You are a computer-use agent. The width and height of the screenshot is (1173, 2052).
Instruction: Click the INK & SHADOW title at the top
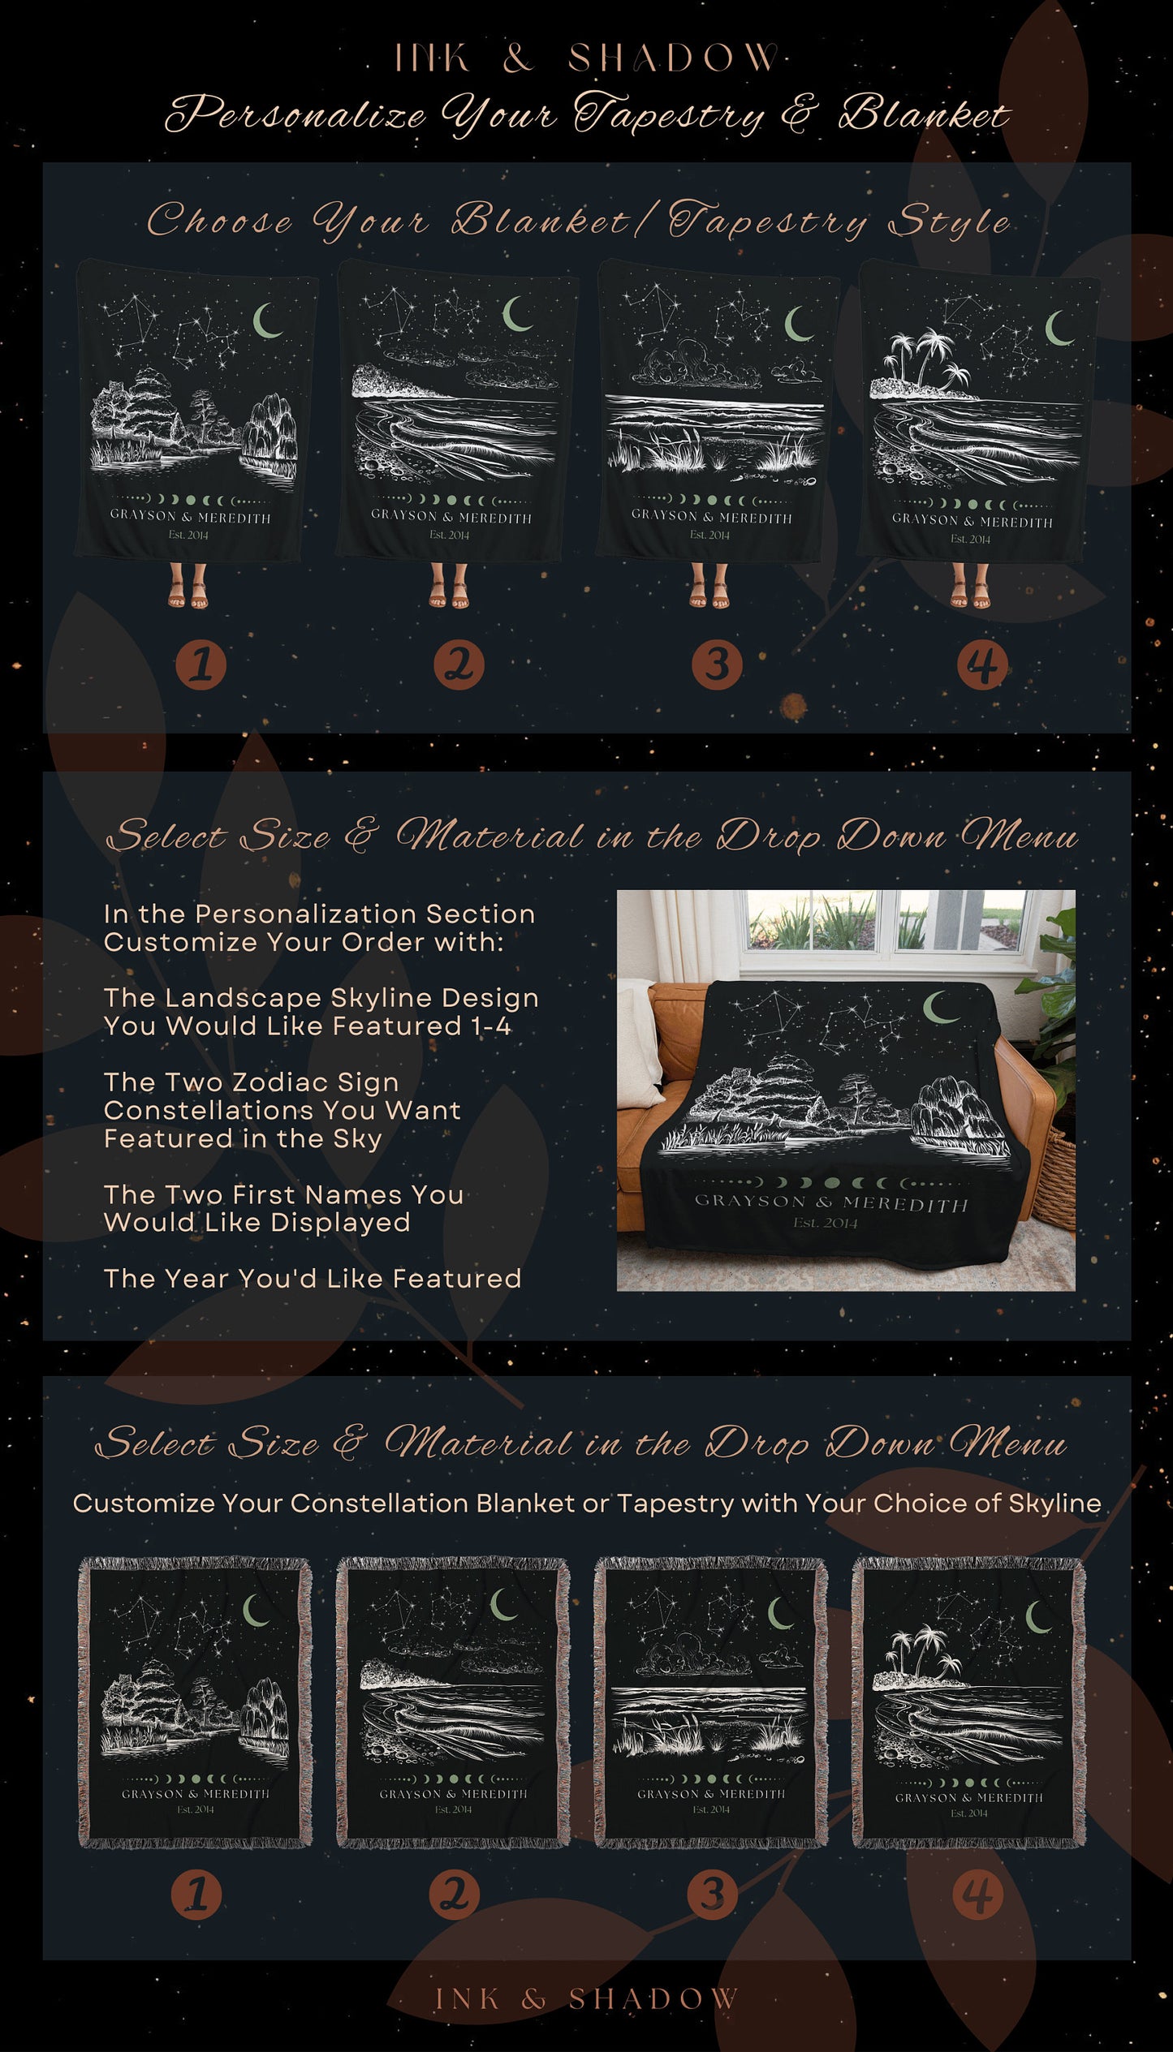click(x=585, y=58)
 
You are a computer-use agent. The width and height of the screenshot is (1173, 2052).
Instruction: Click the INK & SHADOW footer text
click(x=586, y=1998)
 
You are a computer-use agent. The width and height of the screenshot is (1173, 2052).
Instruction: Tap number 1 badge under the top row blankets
click(x=201, y=665)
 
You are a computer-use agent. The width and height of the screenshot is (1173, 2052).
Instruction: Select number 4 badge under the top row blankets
click(x=982, y=665)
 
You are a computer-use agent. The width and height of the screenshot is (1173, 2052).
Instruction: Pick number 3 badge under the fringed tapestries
click(x=713, y=1895)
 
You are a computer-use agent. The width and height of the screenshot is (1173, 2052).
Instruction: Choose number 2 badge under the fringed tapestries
click(x=455, y=1895)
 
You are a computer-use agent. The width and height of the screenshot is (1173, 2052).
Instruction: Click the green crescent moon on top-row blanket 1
click(x=267, y=320)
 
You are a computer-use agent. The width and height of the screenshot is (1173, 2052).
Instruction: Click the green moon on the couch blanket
click(x=940, y=1007)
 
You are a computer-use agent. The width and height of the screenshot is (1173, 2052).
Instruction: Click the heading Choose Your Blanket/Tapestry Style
click(x=578, y=222)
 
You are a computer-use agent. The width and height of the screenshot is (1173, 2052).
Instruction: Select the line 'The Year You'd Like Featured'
click(x=313, y=1279)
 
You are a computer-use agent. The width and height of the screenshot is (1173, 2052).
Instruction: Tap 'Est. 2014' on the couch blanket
click(x=825, y=1223)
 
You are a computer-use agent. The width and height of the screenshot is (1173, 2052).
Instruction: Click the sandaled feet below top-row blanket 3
click(x=709, y=586)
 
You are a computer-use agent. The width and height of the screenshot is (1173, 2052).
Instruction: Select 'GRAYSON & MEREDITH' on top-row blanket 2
click(x=451, y=517)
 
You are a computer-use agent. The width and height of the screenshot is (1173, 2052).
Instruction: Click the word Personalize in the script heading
click(x=295, y=114)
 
